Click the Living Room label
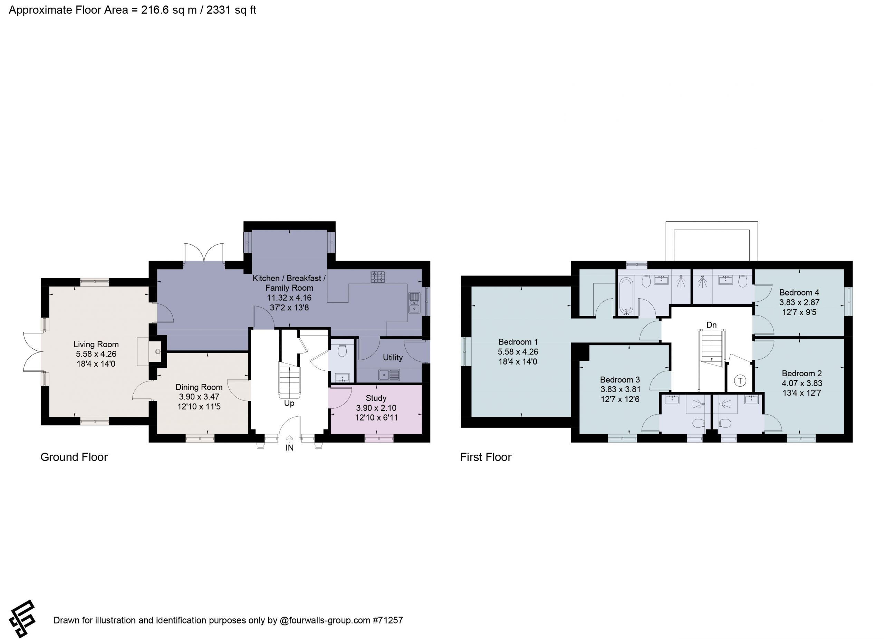96,345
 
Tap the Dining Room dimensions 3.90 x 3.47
199,397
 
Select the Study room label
376,398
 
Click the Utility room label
393,358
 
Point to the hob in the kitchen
378,277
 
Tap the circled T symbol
740,381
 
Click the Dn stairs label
711,325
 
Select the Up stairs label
289,403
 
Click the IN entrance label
290,448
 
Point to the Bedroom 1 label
518,342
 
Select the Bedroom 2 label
802,373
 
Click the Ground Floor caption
74,457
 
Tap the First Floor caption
486,457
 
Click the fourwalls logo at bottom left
22,619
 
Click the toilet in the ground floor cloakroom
342,350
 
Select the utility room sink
389,375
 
